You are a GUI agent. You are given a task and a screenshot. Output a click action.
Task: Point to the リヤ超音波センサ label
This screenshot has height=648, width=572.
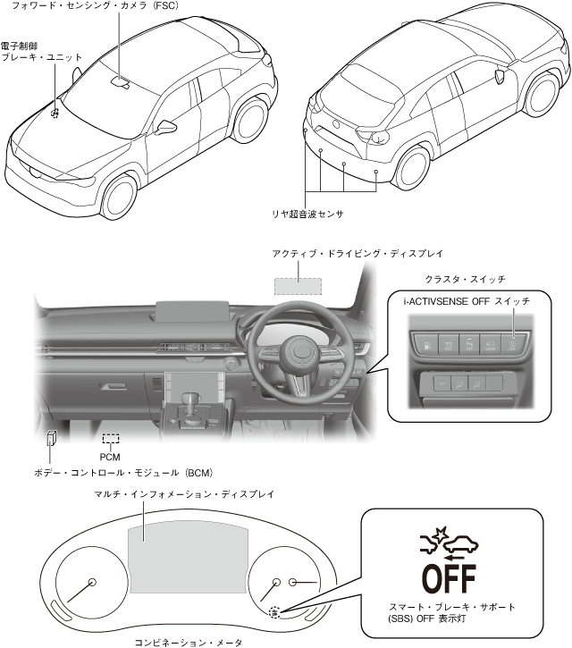[308, 215]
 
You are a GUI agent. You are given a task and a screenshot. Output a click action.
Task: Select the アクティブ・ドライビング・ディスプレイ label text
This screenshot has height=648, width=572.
[357, 254]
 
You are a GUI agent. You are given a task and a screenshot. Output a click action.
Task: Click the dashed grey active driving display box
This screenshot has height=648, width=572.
[298, 285]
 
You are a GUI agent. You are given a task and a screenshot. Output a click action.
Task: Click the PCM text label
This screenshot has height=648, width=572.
[110, 455]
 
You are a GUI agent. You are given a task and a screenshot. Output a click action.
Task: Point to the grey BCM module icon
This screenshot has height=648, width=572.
[53, 439]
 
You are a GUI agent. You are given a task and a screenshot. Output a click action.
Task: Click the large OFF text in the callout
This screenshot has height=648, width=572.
[449, 577]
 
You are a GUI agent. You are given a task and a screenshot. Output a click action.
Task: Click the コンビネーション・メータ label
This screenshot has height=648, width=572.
[188, 641]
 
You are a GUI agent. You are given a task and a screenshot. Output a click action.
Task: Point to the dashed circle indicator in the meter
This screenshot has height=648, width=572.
[275, 613]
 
